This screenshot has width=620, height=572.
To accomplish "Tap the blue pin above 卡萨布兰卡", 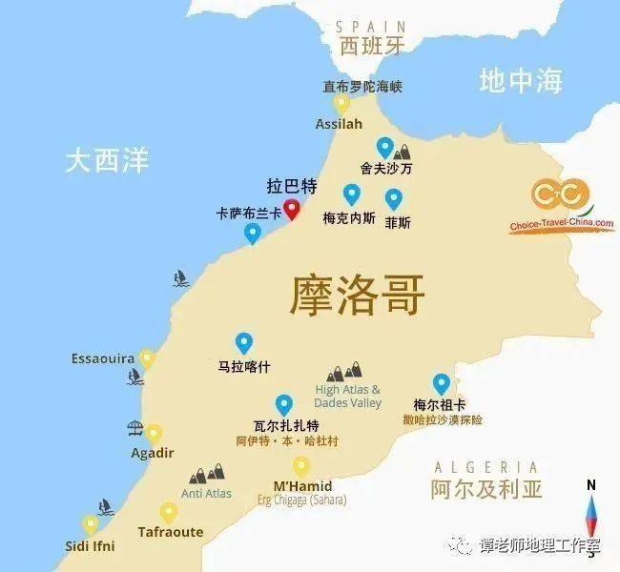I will point(252,233).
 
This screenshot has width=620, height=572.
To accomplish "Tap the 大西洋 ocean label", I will point(107,159).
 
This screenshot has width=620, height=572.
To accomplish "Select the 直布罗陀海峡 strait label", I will point(362,86).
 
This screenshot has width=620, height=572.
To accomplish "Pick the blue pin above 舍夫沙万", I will point(384,147).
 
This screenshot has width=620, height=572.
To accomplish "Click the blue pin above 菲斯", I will point(393,199).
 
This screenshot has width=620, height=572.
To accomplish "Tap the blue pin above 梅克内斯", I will point(351,194).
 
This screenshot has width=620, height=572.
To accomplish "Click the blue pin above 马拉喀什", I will point(243,342).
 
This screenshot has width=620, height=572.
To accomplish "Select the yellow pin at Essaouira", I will point(147,358).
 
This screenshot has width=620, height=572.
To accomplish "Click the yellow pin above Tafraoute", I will point(169,512).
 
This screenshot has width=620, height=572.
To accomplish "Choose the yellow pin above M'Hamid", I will point(301,466).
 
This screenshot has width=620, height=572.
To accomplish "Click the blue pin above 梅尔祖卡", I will point(441,383).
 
